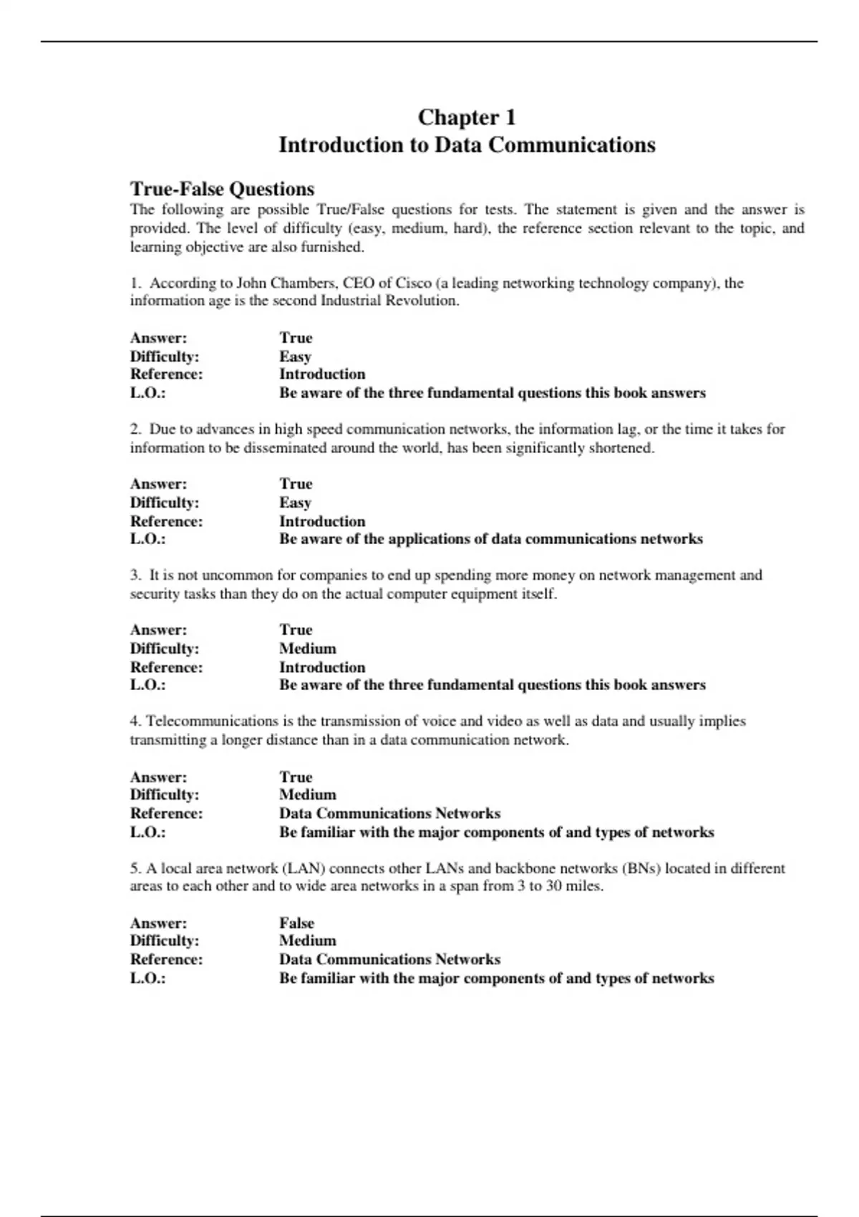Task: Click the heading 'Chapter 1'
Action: pos(467,117)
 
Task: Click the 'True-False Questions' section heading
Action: pos(222,189)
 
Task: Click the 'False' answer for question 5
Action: pos(296,923)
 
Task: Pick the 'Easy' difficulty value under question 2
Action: pos(295,503)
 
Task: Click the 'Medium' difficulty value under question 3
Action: pos(307,649)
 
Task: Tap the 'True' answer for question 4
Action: pos(296,777)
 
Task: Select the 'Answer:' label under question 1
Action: pos(158,338)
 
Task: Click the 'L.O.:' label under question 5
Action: pos(147,978)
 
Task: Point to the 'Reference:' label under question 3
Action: pos(166,667)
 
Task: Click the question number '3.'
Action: pos(135,575)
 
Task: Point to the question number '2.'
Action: pos(135,430)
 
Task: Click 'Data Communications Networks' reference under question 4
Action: pos(389,813)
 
